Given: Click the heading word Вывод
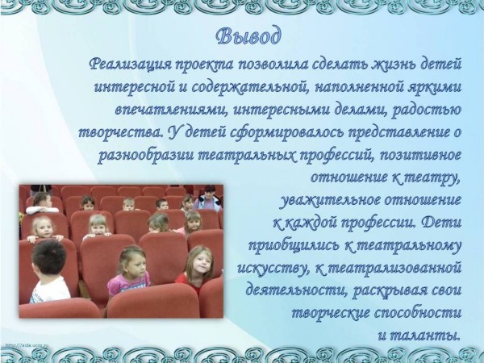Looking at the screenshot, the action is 248,36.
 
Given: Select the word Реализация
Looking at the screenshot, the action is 131,65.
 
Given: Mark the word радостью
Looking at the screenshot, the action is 427,111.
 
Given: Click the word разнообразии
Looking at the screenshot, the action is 146,155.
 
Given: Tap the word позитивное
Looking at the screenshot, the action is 421,155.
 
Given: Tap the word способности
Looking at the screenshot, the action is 418,313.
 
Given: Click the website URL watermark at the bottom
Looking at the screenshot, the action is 27,345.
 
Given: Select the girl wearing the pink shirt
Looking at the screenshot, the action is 129,270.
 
